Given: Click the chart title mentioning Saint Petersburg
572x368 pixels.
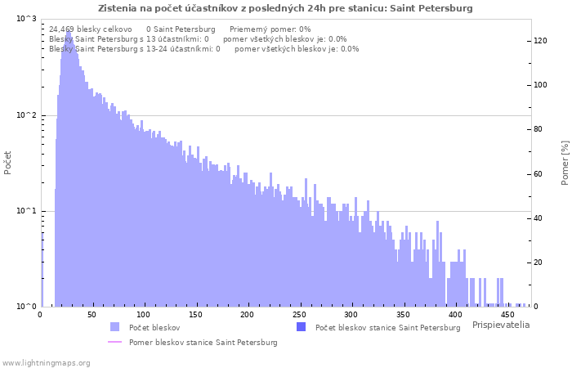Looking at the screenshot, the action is (285, 8).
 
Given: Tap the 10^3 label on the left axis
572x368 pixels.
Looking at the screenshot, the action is (26, 19).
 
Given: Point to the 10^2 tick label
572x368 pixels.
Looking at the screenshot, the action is (26, 115).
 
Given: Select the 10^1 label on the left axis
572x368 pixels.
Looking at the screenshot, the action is (26, 211).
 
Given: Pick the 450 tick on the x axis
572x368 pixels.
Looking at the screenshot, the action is (507, 315).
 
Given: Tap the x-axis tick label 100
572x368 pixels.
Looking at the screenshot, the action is (143, 315).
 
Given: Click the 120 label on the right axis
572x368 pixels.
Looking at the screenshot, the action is (540, 41).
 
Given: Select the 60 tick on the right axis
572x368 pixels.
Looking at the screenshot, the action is (538, 173).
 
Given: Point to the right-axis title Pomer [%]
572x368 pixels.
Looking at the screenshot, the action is (565, 163).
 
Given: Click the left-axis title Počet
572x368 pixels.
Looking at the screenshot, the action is (7, 163).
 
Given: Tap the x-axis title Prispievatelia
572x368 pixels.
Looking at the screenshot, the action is (501, 325).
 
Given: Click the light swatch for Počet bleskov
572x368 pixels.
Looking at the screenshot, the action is (115, 327).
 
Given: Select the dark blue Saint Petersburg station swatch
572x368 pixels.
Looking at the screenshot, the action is (301, 327).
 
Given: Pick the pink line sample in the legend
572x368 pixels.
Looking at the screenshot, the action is (115, 342).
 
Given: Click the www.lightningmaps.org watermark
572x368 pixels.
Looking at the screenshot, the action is (46, 363).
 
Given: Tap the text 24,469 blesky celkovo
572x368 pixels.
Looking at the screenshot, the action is (91, 29).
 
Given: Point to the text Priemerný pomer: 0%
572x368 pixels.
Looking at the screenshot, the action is (270, 29).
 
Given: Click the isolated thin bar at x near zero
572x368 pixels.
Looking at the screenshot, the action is (42, 269).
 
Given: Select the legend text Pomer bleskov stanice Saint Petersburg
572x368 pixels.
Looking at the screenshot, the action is (203, 343).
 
